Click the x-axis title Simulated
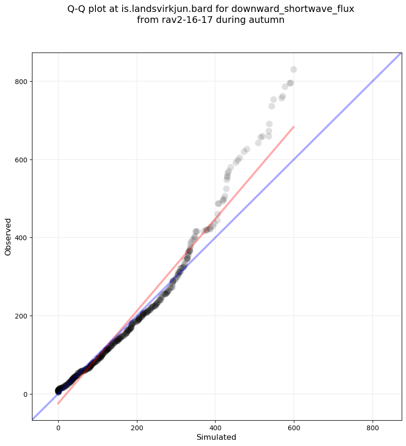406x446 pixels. [217, 437]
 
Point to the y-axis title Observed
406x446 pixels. [8, 237]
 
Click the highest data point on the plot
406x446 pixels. [293, 70]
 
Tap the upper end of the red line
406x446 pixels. [294, 127]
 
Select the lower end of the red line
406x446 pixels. [58, 404]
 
